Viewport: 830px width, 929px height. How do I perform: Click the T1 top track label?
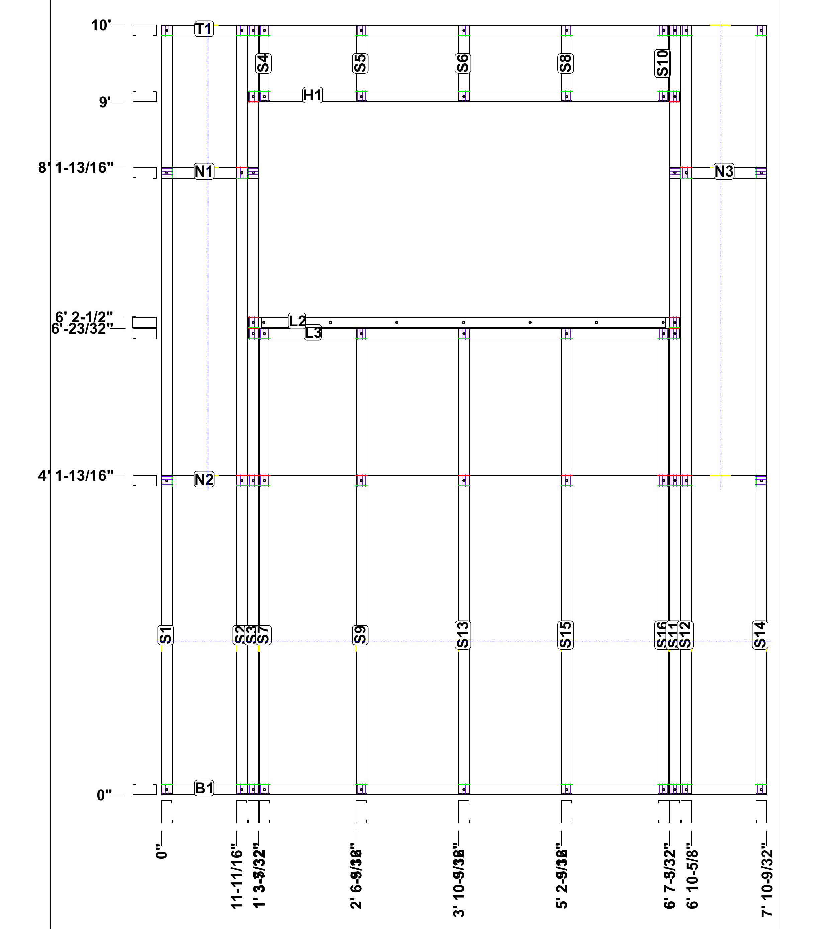204,29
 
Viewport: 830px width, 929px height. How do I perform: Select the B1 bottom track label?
204,788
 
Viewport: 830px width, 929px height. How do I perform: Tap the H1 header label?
313,95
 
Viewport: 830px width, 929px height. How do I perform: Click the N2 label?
204,479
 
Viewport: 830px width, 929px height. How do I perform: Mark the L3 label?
313,333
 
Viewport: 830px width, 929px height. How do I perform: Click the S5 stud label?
360,63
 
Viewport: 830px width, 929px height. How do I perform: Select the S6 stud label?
463,63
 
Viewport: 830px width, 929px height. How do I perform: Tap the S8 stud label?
565,63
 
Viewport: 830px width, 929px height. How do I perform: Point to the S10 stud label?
663,63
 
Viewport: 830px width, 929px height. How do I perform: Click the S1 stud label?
166,635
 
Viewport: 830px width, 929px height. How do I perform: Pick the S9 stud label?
360,635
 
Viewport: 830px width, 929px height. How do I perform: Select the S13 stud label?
463,635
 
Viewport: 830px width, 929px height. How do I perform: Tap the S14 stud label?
760,635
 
